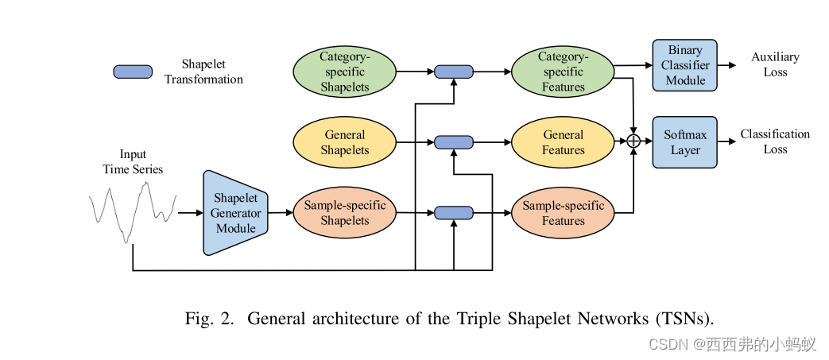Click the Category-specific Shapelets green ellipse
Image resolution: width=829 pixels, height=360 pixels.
coord(345,72)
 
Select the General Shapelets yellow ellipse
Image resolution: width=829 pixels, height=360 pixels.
coord(345,142)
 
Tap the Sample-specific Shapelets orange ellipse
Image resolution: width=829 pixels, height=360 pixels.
coord(345,213)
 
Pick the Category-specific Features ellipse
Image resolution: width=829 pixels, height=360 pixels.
coord(563,72)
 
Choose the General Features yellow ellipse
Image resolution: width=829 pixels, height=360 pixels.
coord(563,142)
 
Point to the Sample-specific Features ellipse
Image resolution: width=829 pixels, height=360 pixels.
coord(563,213)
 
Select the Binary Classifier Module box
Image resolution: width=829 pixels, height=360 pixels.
coord(684,65)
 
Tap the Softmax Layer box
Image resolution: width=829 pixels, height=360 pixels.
coord(684,142)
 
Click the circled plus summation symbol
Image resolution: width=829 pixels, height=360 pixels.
coord(633,142)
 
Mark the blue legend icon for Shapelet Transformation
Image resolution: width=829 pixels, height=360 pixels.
coord(133,72)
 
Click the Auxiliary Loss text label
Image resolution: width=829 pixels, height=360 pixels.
coord(775,64)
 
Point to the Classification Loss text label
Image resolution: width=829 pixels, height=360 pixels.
coord(775,141)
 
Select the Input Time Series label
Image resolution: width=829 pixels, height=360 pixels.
coord(133,161)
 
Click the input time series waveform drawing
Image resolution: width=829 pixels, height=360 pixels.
coord(131,211)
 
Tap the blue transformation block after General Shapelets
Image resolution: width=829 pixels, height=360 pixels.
coord(454,142)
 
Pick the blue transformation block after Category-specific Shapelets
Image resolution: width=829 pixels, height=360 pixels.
coord(454,72)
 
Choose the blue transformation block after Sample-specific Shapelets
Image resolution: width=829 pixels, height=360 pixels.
coord(454,213)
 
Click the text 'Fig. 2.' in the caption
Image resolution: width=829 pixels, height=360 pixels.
coord(210,319)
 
